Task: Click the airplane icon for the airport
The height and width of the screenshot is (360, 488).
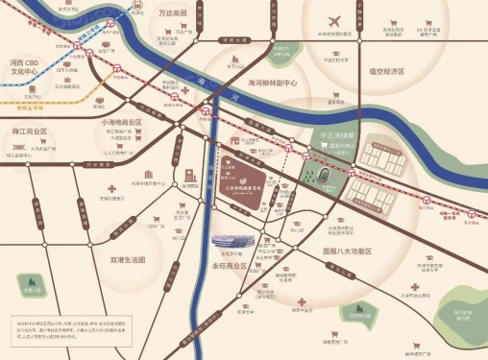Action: point(334,22)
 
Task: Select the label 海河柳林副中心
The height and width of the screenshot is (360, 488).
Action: point(285,82)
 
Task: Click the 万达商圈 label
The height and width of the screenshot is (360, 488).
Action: point(174,13)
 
